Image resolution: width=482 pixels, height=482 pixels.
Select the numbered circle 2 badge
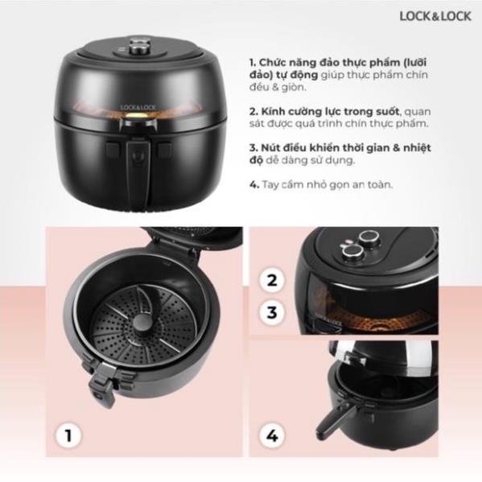[x=272, y=280]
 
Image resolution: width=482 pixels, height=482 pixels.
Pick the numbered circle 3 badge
[x=272, y=312]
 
